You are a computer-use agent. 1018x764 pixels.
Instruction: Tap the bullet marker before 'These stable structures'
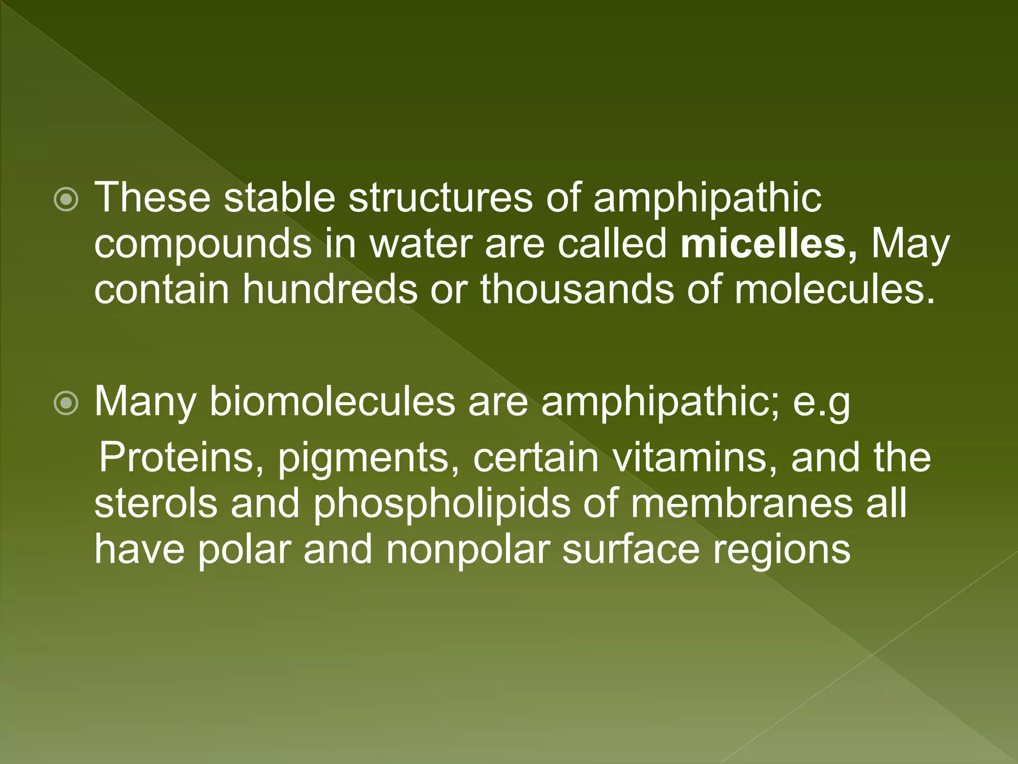click(x=66, y=200)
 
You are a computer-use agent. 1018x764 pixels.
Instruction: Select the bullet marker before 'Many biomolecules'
click(x=66, y=403)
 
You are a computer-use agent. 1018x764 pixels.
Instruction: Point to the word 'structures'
click(x=440, y=197)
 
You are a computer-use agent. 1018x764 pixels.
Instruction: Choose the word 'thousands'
click(x=577, y=289)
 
